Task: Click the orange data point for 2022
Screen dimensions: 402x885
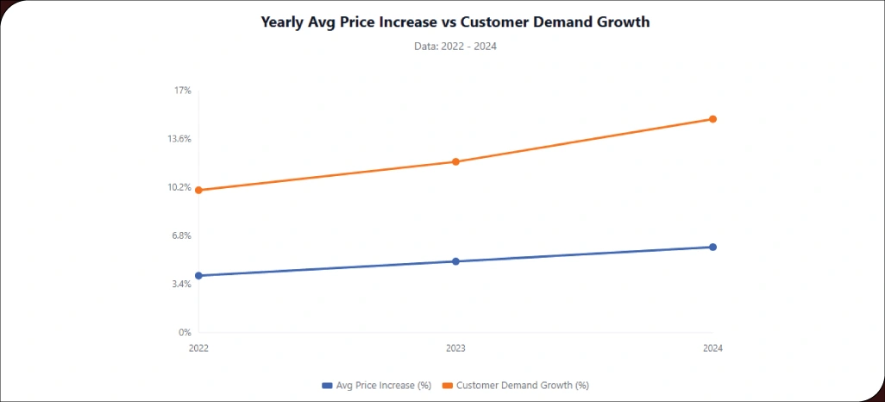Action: pyautogui.click(x=198, y=190)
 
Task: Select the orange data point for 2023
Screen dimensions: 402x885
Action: pyautogui.click(x=455, y=161)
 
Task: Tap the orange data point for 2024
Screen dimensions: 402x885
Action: pyautogui.click(x=712, y=119)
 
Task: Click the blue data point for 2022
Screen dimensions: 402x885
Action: pyautogui.click(x=198, y=275)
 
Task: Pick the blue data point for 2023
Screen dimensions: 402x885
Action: pyautogui.click(x=455, y=261)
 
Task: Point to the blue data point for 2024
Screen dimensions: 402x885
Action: pyautogui.click(x=712, y=247)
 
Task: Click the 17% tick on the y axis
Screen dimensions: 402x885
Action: pyautogui.click(x=182, y=91)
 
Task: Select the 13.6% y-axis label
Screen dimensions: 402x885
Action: pyautogui.click(x=179, y=139)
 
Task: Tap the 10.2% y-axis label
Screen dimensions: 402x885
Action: pyautogui.click(x=179, y=187)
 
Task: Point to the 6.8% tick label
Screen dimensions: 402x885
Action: pyautogui.click(x=180, y=236)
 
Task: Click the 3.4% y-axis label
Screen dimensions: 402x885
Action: pyautogui.click(x=180, y=284)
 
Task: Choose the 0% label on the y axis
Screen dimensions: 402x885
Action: pyautogui.click(x=184, y=332)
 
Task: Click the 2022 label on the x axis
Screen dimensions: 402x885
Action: pyautogui.click(x=198, y=349)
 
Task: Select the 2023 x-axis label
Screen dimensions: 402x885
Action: pyautogui.click(x=455, y=349)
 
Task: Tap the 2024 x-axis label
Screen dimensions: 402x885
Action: pyautogui.click(x=712, y=349)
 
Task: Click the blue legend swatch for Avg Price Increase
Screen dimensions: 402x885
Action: pyautogui.click(x=327, y=385)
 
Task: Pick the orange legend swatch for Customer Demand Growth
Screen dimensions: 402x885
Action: pyautogui.click(x=447, y=385)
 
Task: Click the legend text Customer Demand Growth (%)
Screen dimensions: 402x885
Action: pyautogui.click(x=522, y=385)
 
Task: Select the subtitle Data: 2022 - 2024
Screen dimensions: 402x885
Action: pyautogui.click(x=455, y=47)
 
